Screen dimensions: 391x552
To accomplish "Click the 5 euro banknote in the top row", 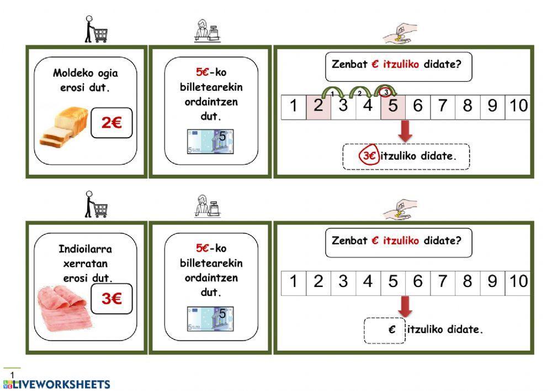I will tap(210, 142).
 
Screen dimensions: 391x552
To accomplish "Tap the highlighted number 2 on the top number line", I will tap(318, 106).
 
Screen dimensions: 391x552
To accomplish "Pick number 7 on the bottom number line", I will tap(443, 281).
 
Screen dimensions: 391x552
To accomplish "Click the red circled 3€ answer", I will tap(369, 157).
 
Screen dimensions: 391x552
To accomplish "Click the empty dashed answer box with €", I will tap(384, 330).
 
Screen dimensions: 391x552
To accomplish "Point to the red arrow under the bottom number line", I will tap(406, 306).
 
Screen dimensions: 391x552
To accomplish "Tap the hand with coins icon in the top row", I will tap(400, 34).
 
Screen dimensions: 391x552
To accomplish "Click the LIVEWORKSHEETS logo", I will tap(56, 384).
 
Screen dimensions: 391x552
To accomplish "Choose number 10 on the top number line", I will tap(518, 106).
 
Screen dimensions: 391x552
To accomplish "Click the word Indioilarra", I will tap(85, 249).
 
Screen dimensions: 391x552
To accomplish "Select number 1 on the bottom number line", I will tap(294, 281).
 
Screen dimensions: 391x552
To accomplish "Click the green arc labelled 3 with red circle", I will tap(385, 90).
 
